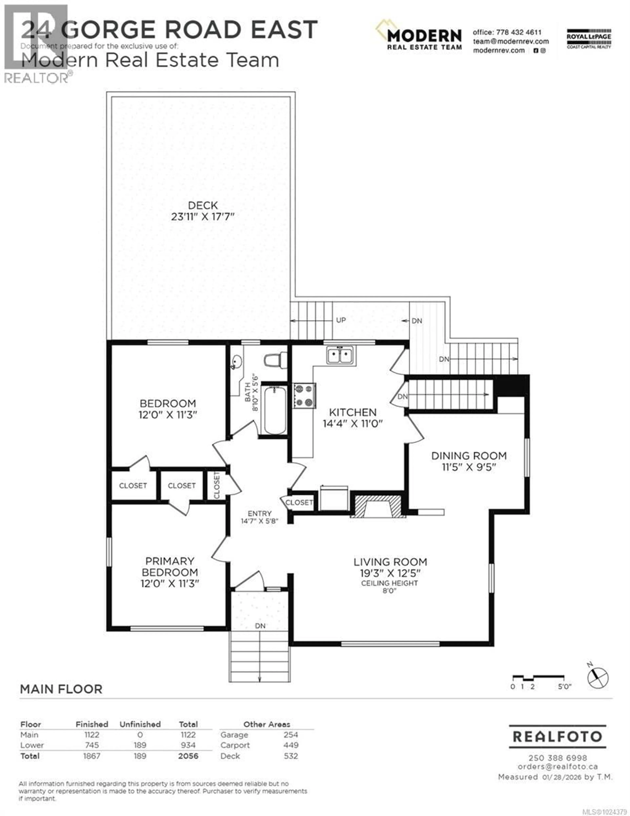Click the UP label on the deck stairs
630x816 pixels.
pos(341,320)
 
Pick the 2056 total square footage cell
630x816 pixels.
pos(188,756)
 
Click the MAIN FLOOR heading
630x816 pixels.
pos(61,689)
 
